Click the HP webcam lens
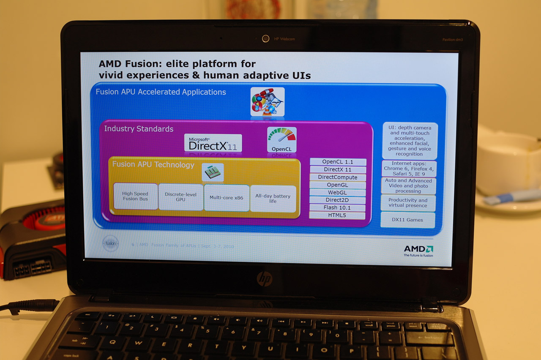click(265, 38)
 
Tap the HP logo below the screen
click(264, 278)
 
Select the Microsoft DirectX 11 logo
click(213, 143)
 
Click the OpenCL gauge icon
click(281, 139)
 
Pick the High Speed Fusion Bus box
click(135, 196)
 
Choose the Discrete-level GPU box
click(180, 197)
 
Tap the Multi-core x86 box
click(227, 197)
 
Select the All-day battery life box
click(273, 198)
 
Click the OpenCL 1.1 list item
click(338, 162)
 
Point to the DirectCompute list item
click(338, 177)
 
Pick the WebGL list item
click(337, 192)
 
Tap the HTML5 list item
click(337, 215)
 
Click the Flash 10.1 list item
click(337, 207)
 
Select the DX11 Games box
click(407, 220)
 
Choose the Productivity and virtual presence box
click(408, 203)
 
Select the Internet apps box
click(409, 168)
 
